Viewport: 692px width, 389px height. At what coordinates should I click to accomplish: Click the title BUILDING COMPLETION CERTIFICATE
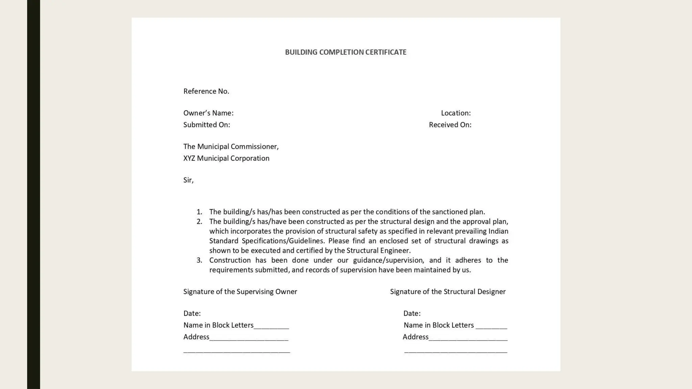click(345, 52)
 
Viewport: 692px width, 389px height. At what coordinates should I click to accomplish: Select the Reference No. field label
click(206, 91)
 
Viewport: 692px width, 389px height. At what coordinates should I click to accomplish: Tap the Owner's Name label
click(208, 113)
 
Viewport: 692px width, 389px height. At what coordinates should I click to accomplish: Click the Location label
click(455, 113)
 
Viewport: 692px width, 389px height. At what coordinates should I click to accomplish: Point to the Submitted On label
click(206, 125)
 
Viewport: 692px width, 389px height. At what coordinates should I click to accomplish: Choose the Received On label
click(450, 125)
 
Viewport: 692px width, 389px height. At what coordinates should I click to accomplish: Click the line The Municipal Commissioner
click(231, 147)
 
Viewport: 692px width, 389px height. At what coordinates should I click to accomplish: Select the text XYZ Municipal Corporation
click(226, 158)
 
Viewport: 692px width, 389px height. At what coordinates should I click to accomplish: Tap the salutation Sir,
click(188, 180)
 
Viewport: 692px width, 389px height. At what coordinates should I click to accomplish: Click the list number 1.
click(199, 212)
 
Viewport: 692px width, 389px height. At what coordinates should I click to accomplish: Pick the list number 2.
click(199, 222)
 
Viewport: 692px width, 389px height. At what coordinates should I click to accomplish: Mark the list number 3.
click(199, 260)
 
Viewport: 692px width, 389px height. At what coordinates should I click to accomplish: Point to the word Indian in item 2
click(498, 231)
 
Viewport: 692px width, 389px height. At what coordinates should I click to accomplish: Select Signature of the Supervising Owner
click(240, 292)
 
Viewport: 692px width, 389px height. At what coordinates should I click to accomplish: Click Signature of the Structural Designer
click(448, 292)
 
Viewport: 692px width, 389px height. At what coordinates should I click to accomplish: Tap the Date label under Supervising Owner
click(192, 313)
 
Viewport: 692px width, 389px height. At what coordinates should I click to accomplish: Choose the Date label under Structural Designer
click(412, 313)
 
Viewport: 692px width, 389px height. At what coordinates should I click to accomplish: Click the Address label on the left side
click(196, 337)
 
